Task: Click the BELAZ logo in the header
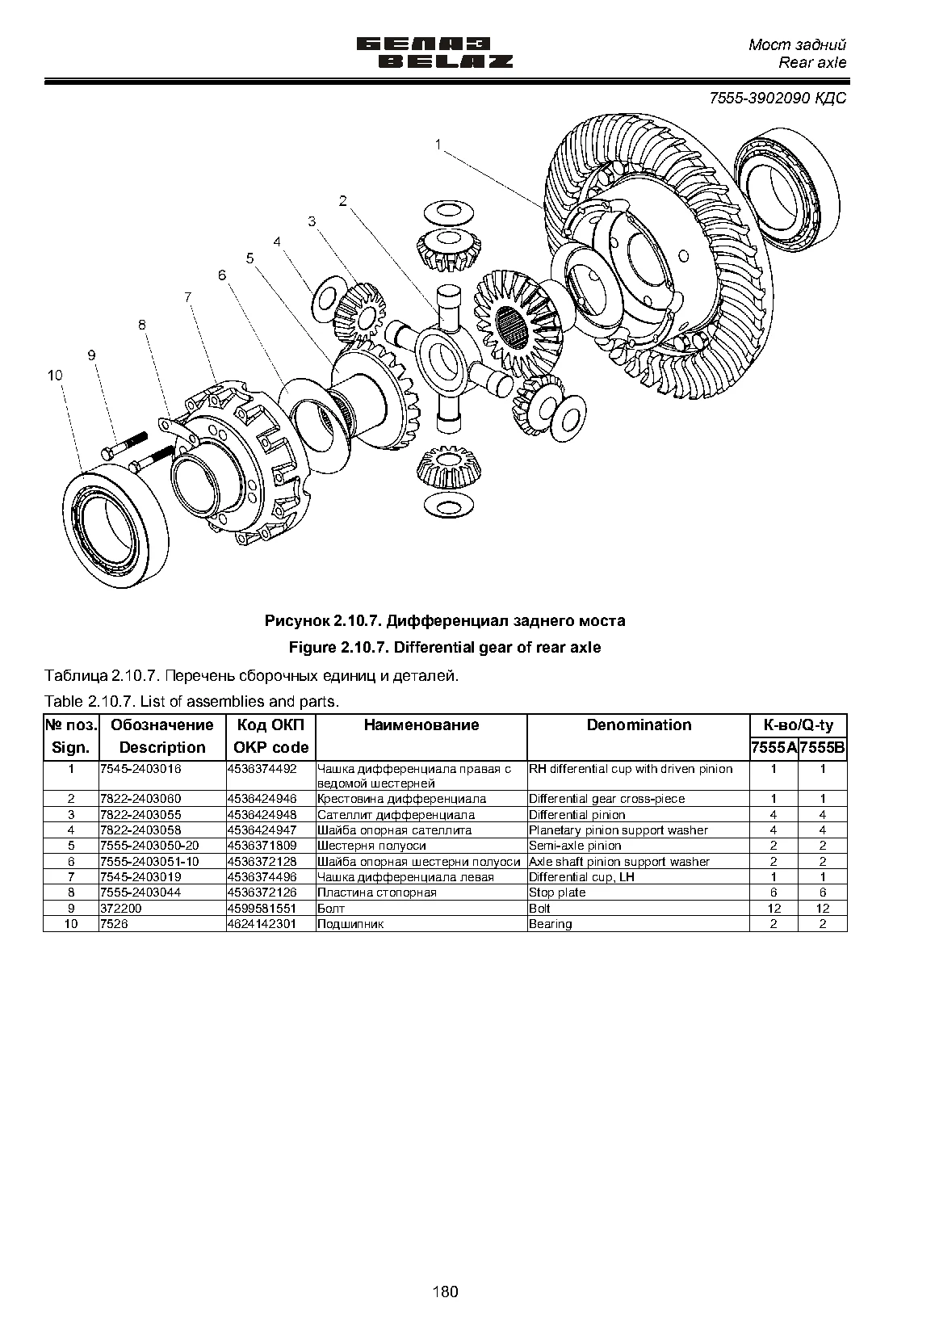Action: (x=435, y=53)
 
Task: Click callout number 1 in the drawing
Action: (x=438, y=144)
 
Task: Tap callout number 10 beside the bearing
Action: (x=56, y=376)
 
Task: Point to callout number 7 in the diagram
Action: (x=187, y=297)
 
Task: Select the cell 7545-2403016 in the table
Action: (x=141, y=769)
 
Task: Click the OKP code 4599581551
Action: (x=262, y=908)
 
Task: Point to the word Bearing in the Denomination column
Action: (x=550, y=924)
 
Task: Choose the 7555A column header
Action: (x=774, y=749)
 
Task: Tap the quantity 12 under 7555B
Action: (x=822, y=909)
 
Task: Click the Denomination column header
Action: (x=639, y=724)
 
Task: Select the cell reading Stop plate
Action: (x=557, y=892)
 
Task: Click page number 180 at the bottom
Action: (x=445, y=1291)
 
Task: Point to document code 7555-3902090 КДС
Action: (x=778, y=98)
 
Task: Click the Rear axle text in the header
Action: (x=812, y=63)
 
